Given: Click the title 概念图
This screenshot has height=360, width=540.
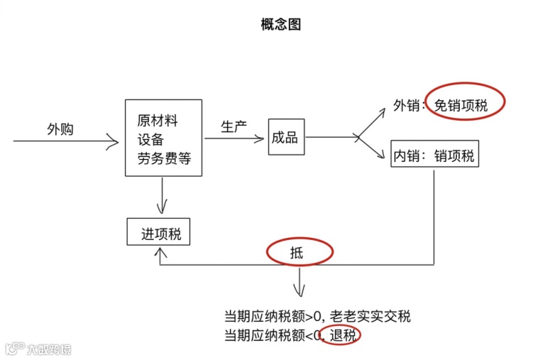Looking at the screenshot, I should coord(281,25).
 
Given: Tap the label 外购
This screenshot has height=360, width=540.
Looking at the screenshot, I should coord(60,129).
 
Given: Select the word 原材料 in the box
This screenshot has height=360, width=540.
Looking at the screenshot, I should coord(158,121).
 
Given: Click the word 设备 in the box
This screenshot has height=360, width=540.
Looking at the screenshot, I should coord(150,140).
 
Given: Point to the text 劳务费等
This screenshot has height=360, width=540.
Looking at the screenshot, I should coord(164,159).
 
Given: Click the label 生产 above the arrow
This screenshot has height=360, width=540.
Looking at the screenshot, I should coord(233,126).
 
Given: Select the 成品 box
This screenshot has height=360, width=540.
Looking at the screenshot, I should coord(285,138).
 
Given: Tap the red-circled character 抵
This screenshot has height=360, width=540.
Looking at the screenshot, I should coord(297,252).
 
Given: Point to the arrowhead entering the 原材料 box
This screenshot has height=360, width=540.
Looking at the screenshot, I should coord(115,142).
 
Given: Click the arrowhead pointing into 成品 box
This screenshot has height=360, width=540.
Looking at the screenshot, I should coord(260,138).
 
